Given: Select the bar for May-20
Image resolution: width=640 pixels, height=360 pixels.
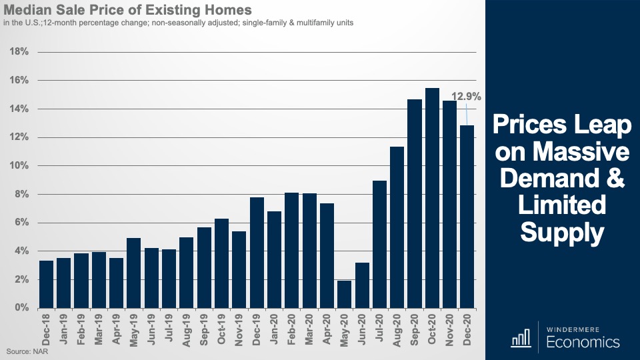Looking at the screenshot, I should [x=344, y=294].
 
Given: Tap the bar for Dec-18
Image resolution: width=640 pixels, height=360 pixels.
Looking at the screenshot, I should [x=47, y=284].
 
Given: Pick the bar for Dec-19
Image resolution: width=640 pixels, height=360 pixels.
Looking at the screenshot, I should [x=257, y=253].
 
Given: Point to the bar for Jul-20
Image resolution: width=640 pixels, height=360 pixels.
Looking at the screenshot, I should [x=379, y=244].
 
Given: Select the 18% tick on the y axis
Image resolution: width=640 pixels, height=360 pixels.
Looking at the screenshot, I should [x=18, y=52].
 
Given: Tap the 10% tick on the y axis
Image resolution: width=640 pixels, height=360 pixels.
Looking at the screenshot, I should [x=18, y=166].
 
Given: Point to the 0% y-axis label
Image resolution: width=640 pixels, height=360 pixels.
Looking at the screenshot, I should [x=21, y=309].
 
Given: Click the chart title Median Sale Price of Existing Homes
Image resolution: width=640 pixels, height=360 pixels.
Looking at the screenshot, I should [x=128, y=11].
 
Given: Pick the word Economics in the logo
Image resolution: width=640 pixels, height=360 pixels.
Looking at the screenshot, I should [x=583, y=342].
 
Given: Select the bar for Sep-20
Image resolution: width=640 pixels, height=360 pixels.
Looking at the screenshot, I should [x=415, y=203].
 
